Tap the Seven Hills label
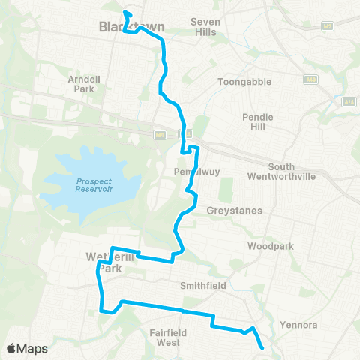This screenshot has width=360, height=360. tap(206, 27)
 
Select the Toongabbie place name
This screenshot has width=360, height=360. tap(244, 82)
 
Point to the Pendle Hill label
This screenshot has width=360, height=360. tap(258, 122)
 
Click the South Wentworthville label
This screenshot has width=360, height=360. tap(304, 171)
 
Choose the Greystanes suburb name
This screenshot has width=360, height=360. tap(235, 211)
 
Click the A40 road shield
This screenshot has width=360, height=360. tap(310, 79)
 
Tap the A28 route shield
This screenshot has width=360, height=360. tap(348, 101)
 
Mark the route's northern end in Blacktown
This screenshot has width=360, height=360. tap(125, 13)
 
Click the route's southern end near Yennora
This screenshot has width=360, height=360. tap(262, 347)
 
